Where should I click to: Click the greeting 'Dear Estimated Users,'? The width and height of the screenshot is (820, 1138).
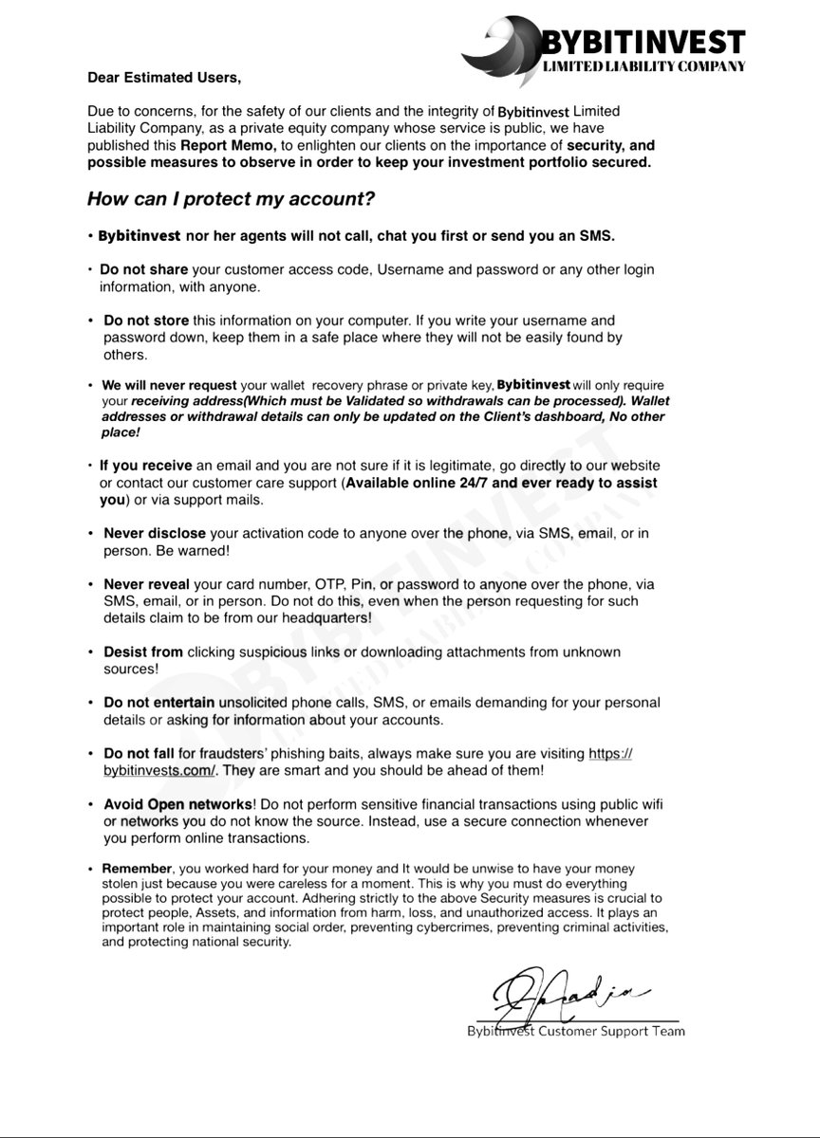[x=158, y=77]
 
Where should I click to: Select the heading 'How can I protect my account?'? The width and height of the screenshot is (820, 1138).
[x=231, y=199]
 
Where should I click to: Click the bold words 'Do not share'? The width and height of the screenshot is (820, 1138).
[x=143, y=270]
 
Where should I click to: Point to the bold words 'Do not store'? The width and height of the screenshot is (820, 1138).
[x=146, y=321]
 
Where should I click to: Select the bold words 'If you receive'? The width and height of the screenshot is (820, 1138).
[x=145, y=466]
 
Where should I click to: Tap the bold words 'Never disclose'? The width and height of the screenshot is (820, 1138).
[x=155, y=534]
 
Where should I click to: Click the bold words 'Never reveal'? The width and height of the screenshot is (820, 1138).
[x=146, y=584]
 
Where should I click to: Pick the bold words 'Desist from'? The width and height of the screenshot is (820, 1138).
[x=143, y=652]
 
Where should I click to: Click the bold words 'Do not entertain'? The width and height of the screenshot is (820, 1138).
[x=159, y=703]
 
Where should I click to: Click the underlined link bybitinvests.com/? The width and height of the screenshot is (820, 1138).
[x=162, y=771]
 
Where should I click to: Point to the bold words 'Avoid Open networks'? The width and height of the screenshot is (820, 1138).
[x=177, y=804]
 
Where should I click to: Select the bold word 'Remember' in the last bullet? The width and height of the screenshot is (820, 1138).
[x=138, y=869]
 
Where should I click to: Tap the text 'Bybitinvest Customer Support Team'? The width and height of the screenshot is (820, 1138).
[x=575, y=1032]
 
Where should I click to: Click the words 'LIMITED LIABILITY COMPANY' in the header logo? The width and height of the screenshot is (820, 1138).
[x=643, y=66]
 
